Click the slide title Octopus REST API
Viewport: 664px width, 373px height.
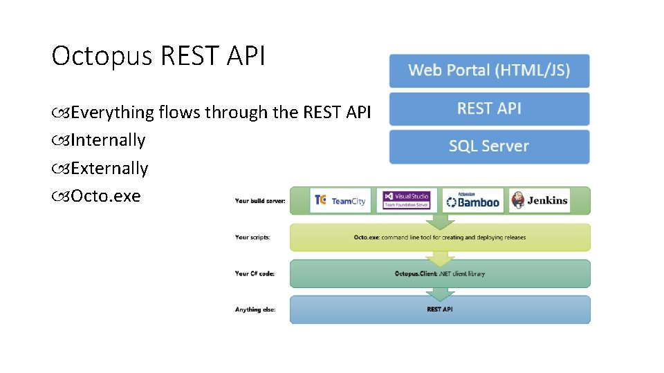coord(158,57)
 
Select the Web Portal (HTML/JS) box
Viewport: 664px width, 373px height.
coord(489,70)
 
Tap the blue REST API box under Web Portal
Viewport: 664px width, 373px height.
coord(489,108)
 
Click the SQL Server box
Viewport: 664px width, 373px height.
coord(489,146)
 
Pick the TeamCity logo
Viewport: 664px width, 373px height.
coord(340,200)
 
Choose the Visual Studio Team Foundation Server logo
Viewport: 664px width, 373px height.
coord(407,200)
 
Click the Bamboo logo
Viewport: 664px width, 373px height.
coord(473,200)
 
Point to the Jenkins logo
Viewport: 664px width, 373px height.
coord(539,200)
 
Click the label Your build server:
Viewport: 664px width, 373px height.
coord(260,201)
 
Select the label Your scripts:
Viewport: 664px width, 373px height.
coord(252,237)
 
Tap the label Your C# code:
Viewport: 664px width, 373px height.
coord(255,274)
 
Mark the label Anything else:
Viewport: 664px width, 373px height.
coord(255,309)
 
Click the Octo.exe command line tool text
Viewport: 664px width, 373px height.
coord(439,238)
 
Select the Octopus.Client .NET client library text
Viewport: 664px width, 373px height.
coord(439,274)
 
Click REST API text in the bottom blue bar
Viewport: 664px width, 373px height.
coord(439,309)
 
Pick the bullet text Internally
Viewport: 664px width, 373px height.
coord(107,140)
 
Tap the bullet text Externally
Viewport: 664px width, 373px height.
coord(109,169)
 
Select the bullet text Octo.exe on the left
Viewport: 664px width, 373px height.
coord(105,196)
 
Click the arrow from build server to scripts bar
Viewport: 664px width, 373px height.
coord(440,222)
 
